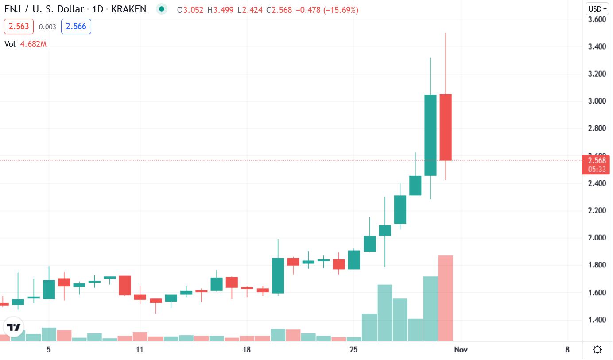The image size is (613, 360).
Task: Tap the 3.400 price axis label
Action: click(597, 46)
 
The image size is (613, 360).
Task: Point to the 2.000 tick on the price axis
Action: click(597, 238)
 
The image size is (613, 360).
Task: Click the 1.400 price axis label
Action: click(597, 320)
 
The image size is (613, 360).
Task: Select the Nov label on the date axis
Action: click(461, 350)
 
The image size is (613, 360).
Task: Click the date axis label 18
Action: click(247, 350)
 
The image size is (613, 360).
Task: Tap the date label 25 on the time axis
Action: click(353, 350)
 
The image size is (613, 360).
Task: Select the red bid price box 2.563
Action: click(19, 27)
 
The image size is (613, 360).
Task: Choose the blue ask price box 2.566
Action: click(76, 27)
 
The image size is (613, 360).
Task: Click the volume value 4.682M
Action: click(33, 44)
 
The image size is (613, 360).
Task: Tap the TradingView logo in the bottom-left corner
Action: click(14, 327)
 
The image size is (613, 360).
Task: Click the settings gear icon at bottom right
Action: click(597, 350)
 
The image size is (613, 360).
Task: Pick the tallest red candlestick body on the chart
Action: click(446, 127)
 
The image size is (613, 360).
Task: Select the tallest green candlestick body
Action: click(431, 135)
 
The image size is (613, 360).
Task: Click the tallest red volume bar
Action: click(446, 298)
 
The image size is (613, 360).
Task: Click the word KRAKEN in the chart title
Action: click(128, 9)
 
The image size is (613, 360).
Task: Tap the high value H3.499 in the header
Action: click(221, 10)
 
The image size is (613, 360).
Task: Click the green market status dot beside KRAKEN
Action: click(162, 9)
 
